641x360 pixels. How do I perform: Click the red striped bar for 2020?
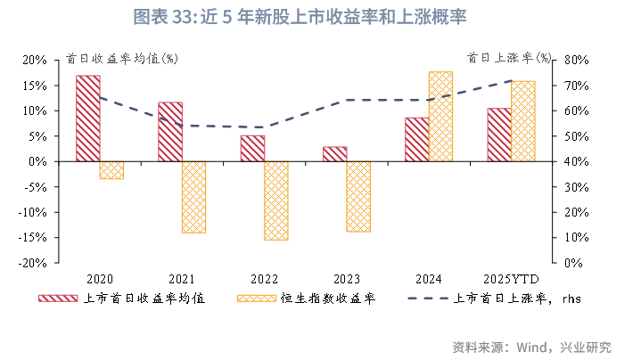pyautogui.click(x=87, y=119)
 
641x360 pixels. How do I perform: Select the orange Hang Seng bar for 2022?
pyautogui.click(x=276, y=200)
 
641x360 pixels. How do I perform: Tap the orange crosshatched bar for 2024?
pyautogui.click(x=440, y=117)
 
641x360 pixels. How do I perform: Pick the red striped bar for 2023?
pyautogui.click(x=335, y=154)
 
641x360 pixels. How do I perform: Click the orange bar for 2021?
pyautogui.click(x=193, y=197)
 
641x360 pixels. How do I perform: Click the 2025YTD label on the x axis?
pyautogui.click(x=511, y=278)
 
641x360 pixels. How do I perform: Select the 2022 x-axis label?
pyautogui.click(x=264, y=278)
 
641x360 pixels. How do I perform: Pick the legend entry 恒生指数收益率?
pyautogui.click(x=328, y=299)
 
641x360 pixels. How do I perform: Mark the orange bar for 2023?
pyautogui.click(x=358, y=197)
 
